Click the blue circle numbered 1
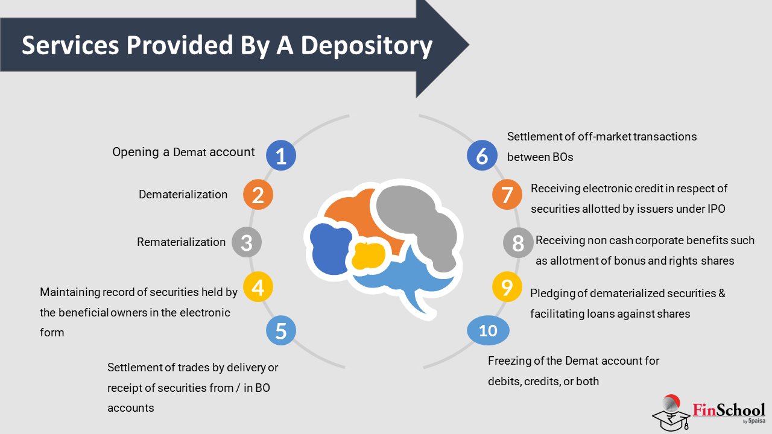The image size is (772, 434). point(280,156)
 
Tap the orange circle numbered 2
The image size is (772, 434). point(258,195)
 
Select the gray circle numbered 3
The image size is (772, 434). point(246,243)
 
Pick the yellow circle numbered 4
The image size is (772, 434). point(258,288)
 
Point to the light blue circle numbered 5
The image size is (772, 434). point(281,331)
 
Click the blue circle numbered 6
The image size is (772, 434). point(482,156)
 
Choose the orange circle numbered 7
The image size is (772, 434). point(507,195)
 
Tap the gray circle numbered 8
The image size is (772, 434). point(518,244)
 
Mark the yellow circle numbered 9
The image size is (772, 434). point(507,287)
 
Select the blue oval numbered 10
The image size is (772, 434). point(489,331)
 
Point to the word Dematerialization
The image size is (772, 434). point(183,195)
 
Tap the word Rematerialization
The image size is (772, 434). point(181,242)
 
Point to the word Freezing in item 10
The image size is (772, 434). point(509,361)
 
